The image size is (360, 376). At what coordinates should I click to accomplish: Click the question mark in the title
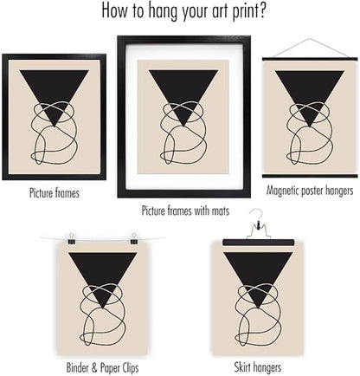click(x=261, y=10)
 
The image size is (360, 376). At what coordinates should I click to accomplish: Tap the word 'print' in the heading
click(x=243, y=12)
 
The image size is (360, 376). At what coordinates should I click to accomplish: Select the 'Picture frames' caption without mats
click(x=55, y=193)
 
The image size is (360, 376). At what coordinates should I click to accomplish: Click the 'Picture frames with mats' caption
click(x=185, y=211)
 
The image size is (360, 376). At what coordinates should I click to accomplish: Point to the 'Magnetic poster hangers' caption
click(x=310, y=191)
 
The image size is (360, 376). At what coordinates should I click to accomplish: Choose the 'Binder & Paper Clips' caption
click(x=102, y=368)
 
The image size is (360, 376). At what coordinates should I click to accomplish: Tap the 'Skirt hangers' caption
click(x=257, y=367)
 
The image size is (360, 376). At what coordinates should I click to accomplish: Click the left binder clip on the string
click(x=71, y=239)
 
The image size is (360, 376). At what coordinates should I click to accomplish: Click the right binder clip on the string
click(x=133, y=239)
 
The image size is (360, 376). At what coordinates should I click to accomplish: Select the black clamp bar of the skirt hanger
click(x=259, y=243)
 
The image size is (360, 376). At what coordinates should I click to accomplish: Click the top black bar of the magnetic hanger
click(x=310, y=59)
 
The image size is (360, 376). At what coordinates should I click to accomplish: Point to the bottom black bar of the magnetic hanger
click(x=310, y=176)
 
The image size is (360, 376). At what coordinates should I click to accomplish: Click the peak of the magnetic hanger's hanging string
click(x=310, y=39)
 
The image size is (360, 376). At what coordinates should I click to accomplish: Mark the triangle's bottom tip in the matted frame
click(x=183, y=126)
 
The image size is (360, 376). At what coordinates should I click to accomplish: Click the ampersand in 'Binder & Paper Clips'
click(x=94, y=367)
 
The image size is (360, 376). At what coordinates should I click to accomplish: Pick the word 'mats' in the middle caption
click(x=221, y=211)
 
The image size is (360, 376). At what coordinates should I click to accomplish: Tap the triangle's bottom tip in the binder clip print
click(x=103, y=308)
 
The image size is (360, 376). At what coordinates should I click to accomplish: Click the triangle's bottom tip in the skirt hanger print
click(x=258, y=308)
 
